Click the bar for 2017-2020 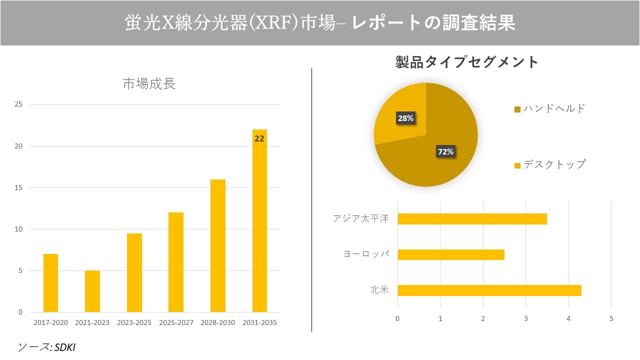tap(50, 283)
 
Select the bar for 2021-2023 tap(92, 291)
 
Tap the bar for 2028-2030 tap(217, 245)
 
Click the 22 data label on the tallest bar tap(259, 139)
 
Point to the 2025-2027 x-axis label tap(176, 323)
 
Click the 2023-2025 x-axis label tap(134, 323)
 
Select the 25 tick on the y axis tap(18, 104)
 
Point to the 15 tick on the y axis tap(18, 188)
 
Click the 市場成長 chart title tap(149, 84)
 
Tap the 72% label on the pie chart tap(445, 151)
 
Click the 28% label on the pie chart tap(405, 118)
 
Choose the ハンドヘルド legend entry tap(549, 108)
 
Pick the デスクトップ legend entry tap(549, 164)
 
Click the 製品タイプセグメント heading tap(467, 62)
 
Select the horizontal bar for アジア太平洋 tap(472, 219)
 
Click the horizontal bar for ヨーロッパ tap(450, 254)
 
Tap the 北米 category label tap(379, 290)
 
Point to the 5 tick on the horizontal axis tap(611, 318)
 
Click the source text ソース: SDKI tap(46, 347)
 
